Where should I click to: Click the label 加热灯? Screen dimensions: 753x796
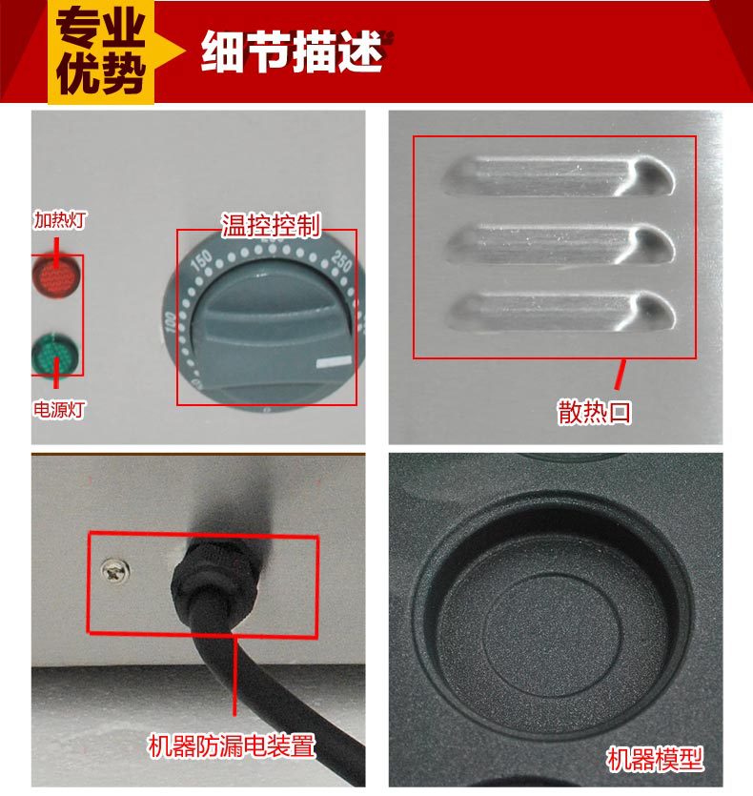point(60,220)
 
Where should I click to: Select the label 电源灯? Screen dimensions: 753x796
point(59,409)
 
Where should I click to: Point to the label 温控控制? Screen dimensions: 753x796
point(271,225)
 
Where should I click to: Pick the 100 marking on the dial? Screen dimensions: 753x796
point(170,322)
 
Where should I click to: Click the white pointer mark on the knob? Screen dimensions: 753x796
point(334,362)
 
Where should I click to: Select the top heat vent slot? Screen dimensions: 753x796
point(560,176)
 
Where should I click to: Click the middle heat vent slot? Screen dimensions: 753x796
point(560,245)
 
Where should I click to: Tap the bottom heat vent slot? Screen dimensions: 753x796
point(561,311)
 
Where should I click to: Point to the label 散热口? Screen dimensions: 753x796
point(594,412)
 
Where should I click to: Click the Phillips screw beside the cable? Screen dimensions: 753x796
point(115,571)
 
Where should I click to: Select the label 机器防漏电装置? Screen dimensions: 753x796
point(232,745)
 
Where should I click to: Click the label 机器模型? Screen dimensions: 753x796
point(656,759)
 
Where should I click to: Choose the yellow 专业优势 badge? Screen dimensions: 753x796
point(101,51)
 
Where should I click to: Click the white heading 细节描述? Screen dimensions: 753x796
point(292,51)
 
